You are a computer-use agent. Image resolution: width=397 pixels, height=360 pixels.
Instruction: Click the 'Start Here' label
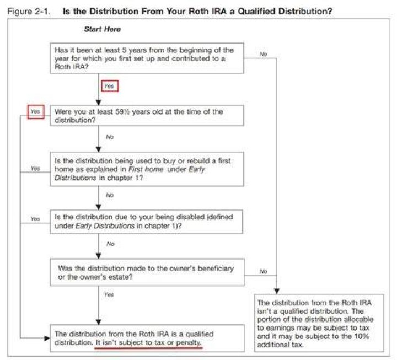[103, 29]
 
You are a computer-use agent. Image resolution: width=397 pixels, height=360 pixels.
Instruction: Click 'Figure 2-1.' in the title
[29, 12]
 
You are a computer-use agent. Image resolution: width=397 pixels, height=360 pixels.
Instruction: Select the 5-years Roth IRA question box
[147, 58]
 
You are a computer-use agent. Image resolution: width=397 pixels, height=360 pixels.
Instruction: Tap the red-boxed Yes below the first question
[110, 86]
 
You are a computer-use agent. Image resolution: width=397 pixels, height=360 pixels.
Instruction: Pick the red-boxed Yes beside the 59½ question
[36, 112]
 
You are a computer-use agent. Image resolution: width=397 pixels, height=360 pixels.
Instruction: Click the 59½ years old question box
[147, 116]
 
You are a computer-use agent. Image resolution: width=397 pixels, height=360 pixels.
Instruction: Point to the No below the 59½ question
[110, 137]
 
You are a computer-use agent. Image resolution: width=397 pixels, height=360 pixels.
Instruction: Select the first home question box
[147, 169]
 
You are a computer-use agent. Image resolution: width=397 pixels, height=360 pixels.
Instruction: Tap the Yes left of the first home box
[35, 168]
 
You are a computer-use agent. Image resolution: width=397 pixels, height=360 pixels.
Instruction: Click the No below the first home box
[110, 195]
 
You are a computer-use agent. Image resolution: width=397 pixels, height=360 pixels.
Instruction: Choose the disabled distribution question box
[147, 222]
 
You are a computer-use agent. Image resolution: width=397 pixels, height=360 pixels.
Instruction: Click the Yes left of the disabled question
[35, 219]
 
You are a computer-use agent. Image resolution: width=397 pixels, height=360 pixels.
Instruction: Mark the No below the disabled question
[110, 244]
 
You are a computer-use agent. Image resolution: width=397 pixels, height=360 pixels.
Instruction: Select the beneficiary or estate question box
[147, 272]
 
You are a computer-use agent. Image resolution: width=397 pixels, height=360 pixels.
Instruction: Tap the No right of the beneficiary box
[264, 271]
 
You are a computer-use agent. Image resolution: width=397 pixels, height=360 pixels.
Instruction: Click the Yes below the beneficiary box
[109, 294]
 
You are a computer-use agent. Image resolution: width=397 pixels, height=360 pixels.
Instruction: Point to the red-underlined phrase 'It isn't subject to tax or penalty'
[148, 343]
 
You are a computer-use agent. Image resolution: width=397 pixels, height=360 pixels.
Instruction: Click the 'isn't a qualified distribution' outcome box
[319, 323]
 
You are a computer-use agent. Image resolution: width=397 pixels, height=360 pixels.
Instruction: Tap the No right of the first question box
[264, 54]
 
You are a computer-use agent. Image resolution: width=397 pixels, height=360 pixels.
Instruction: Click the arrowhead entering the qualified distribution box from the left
[47, 338]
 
